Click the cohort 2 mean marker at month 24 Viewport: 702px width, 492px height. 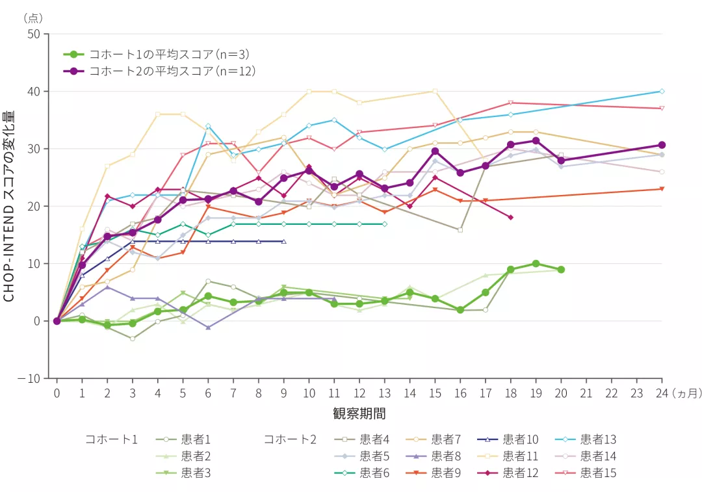coord(662,145)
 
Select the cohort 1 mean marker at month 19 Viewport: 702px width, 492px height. coord(536,264)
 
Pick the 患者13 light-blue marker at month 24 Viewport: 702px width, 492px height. coord(662,91)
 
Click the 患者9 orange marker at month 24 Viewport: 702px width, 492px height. coord(662,189)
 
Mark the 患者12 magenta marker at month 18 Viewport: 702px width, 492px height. coord(511,217)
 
